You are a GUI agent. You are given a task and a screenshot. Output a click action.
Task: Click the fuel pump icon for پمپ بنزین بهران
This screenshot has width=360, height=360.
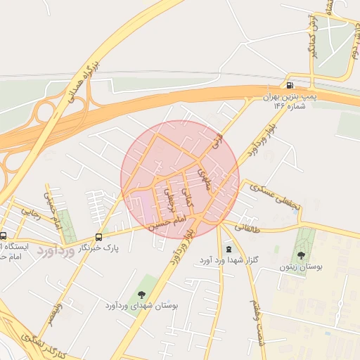tap(290, 85)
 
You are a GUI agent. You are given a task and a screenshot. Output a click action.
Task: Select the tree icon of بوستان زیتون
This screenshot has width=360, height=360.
tap(302, 255)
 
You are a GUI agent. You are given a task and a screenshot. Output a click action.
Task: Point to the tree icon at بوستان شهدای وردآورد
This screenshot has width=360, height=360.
tap(142, 295)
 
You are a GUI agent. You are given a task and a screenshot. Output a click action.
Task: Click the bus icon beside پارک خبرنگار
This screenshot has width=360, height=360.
tap(98, 237)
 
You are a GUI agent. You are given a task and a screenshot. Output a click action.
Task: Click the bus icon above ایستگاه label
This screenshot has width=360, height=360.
tap(4, 236)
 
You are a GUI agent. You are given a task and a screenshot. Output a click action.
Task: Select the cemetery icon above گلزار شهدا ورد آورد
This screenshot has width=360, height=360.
tap(229, 249)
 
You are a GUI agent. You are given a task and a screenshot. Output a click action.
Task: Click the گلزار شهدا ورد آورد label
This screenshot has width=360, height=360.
tap(229, 259)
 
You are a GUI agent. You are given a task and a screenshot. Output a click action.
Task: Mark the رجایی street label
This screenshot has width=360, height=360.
tap(31, 208)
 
